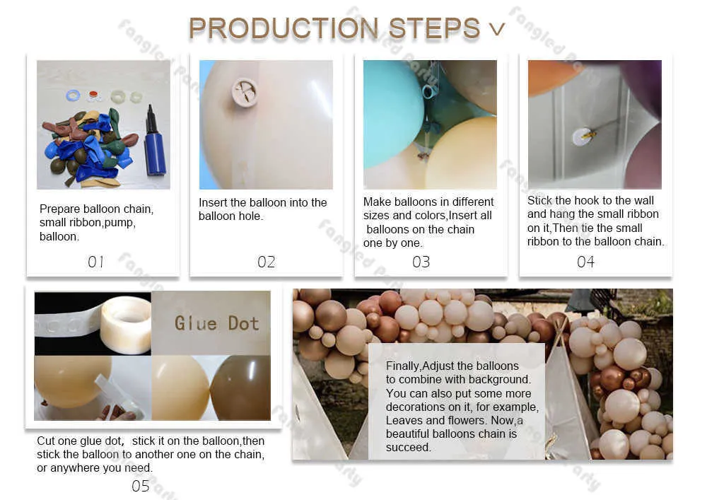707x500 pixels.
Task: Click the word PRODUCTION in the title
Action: click(x=284, y=29)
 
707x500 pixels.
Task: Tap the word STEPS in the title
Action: click(x=434, y=29)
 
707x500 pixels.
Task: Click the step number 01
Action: click(x=95, y=262)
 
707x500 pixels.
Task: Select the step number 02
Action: click(x=266, y=262)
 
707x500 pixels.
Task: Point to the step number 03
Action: click(x=421, y=262)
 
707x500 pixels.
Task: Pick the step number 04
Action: click(x=585, y=262)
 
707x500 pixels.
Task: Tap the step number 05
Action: click(x=140, y=486)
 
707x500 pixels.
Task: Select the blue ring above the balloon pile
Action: click(x=73, y=95)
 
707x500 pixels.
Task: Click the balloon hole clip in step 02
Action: click(x=245, y=92)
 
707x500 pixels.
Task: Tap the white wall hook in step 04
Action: click(x=580, y=136)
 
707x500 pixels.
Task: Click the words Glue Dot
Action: click(x=216, y=323)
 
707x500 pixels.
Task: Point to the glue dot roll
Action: click(x=126, y=325)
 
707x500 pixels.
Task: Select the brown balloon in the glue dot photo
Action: click(x=241, y=388)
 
